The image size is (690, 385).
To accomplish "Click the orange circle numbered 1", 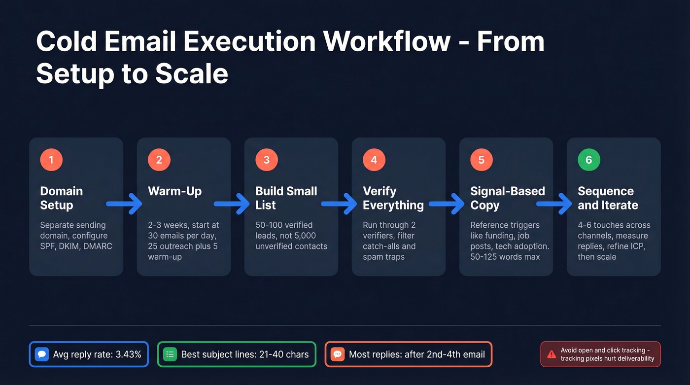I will pos(51,160).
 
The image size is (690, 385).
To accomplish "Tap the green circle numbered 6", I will pos(589,160).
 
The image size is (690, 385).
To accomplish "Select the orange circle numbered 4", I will pos(374,160).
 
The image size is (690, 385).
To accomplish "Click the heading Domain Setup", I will pos(61,198).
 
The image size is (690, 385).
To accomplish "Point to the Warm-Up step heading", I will pos(175,191).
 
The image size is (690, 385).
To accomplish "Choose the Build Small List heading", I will pos(286,198).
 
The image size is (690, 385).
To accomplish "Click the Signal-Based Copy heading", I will pos(507,198).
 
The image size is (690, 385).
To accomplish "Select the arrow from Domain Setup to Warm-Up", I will pos(125,203).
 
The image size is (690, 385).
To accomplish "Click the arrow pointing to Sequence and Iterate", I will pos(555,203).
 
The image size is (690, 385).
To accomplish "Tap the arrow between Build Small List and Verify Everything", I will pos(340,203).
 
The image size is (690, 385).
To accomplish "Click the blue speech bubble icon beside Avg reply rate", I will pos(42,354).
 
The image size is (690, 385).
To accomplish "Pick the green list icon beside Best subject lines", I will pos(170,354).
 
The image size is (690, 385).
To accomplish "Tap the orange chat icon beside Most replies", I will pos(338,354).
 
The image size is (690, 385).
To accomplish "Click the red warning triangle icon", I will pos(552,354).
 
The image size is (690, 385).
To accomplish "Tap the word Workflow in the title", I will pos(387,41).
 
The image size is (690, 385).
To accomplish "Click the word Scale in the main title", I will pos(192,74).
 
